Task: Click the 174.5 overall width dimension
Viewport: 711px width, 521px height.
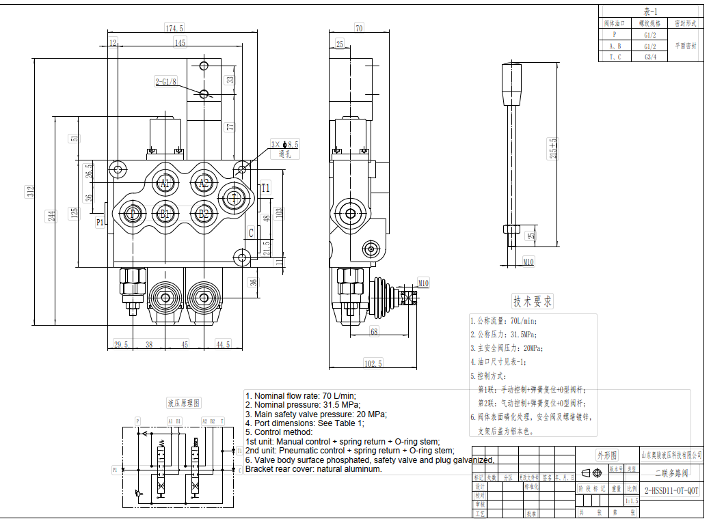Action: [174, 28]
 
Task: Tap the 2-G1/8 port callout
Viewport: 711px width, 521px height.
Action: [165, 82]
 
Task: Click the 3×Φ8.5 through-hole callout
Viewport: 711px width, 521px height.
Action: [284, 145]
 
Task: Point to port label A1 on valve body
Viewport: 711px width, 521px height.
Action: [165, 183]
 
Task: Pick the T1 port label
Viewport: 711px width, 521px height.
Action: [265, 188]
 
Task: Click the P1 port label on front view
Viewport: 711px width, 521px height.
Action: [100, 222]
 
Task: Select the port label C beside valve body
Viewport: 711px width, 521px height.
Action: [251, 233]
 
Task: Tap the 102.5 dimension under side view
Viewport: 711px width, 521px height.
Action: [373, 364]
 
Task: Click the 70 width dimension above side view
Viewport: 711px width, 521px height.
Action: [359, 28]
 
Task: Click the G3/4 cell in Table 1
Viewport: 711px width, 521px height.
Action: [650, 57]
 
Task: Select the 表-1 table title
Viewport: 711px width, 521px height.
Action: [650, 12]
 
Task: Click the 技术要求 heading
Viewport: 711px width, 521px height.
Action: [533, 301]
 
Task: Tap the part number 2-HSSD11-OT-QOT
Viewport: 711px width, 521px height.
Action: [672, 490]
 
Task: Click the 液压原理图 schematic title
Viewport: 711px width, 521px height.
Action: [184, 403]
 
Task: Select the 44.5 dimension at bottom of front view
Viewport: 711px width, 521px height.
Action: [223, 345]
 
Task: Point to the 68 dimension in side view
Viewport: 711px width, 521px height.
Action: [374, 332]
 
